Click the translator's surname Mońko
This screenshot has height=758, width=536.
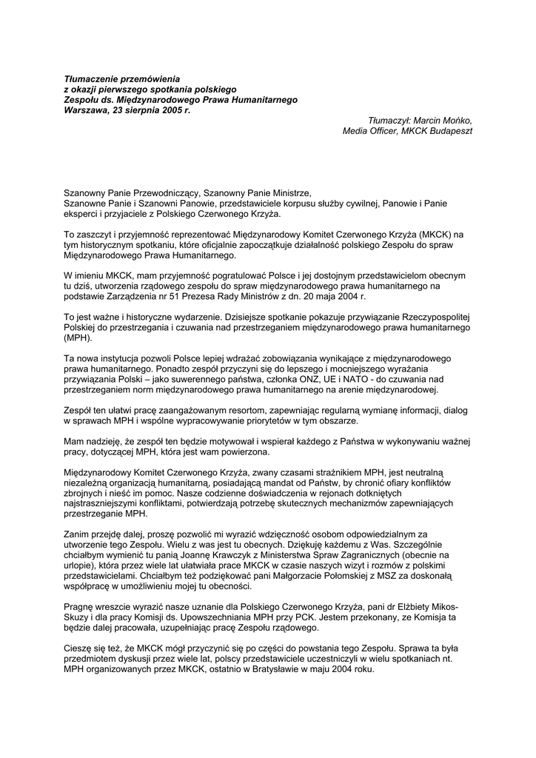[x=456, y=120]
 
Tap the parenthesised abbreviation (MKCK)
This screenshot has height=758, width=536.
[x=438, y=234]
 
